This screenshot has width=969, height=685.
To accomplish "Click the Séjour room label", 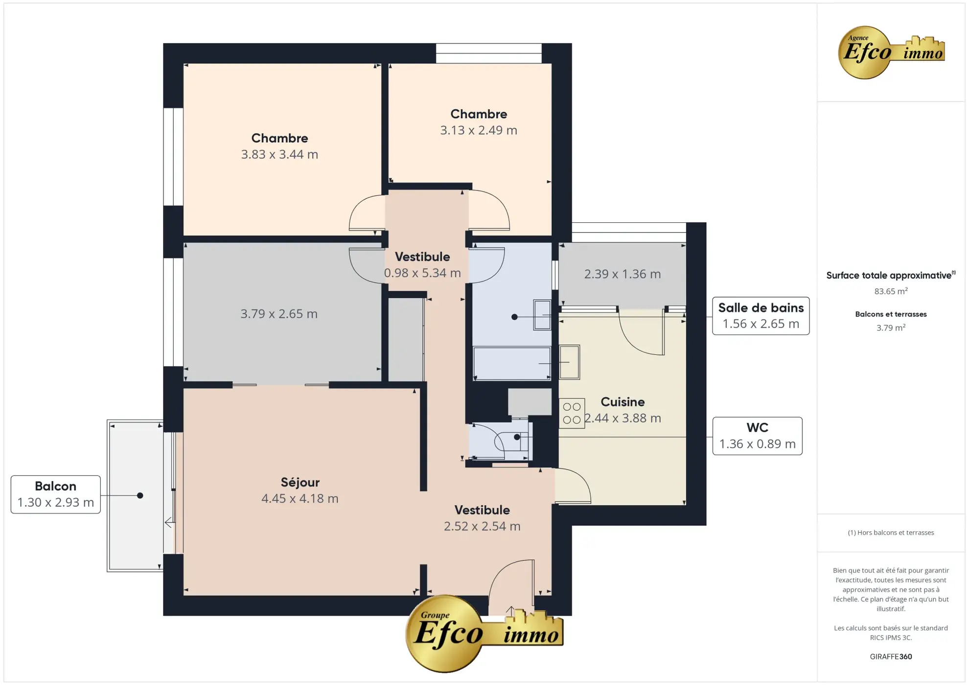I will [x=300, y=482].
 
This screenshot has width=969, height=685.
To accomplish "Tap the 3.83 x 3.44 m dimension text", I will [x=279, y=154].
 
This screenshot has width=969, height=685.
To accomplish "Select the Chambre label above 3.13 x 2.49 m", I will [x=478, y=114].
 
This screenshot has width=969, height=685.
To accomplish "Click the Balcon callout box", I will [x=55, y=494].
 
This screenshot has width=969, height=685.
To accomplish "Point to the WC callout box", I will [x=757, y=436].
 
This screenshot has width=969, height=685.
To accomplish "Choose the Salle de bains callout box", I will [x=760, y=316].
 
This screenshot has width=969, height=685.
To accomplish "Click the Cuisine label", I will [x=622, y=402].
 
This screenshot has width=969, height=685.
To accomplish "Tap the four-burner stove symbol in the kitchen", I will [x=571, y=413].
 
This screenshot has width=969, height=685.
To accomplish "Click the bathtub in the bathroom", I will [x=511, y=363].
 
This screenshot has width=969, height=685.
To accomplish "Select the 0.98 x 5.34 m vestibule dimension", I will [x=422, y=273].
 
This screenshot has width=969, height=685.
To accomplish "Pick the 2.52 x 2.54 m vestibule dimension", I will [x=482, y=526].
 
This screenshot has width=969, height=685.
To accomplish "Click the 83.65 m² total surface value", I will [x=890, y=291].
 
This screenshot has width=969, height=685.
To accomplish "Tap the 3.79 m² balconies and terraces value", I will [x=890, y=328].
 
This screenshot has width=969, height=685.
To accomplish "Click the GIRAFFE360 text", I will [x=890, y=657].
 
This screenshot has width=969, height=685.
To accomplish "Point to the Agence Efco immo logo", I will [x=890, y=52].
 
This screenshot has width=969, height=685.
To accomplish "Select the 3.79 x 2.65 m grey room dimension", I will [x=278, y=314].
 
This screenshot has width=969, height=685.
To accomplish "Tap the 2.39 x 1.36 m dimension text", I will [x=622, y=274].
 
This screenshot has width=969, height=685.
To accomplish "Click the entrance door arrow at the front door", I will [x=510, y=611].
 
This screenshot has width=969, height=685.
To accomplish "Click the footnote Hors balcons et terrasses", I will [x=890, y=533].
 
